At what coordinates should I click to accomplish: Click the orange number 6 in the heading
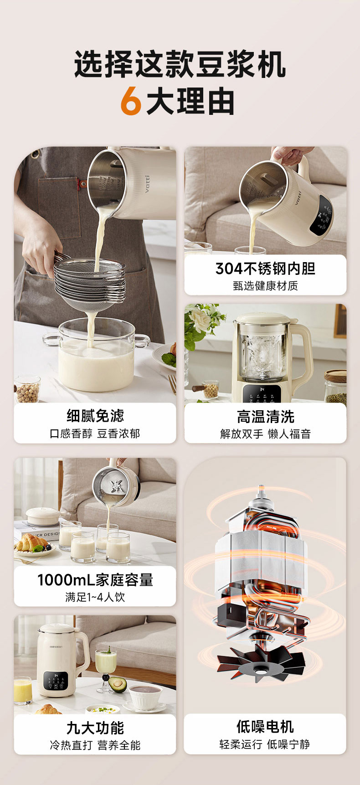tap(131, 101)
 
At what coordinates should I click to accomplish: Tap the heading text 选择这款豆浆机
tap(180, 64)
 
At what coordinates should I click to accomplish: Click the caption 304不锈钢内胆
tap(265, 269)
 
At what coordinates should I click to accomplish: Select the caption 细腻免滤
tap(95, 416)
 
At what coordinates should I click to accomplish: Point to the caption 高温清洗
tap(265, 416)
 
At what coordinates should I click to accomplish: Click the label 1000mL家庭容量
tap(95, 580)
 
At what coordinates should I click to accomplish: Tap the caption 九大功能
tap(95, 728)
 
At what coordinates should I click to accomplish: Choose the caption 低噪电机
tap(265, 727)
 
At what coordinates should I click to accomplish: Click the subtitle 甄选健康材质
tap(265, 286)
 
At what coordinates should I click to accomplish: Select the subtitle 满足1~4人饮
tap(95, 597)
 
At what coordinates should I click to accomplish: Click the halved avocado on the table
tap(118, 684)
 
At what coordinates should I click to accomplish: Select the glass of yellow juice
tap(23, 691)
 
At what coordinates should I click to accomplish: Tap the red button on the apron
tap(82, 184)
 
